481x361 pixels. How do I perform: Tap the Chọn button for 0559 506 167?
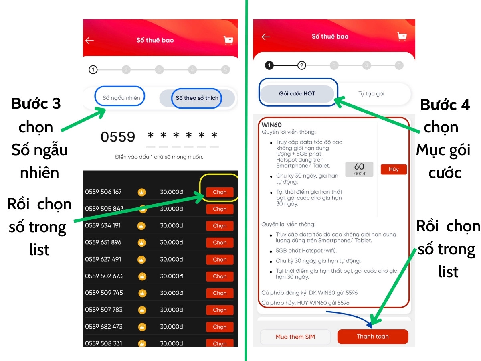220,192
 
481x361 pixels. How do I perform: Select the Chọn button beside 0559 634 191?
220,226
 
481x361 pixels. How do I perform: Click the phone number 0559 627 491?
103,259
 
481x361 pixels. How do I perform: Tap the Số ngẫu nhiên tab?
121,98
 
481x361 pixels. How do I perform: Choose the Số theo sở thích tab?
197,98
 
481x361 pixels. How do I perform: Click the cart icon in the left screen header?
228,40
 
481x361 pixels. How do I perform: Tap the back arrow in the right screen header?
266,37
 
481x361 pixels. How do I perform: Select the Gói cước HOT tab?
297,94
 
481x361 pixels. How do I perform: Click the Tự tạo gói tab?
371,94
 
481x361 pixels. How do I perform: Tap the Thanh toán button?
372,336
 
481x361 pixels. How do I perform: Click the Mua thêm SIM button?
295,337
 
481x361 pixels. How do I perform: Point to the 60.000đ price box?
359,169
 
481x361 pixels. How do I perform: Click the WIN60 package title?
271,125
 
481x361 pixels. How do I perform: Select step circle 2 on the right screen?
301,65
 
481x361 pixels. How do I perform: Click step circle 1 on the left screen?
93,70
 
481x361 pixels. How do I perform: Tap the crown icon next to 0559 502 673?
142,276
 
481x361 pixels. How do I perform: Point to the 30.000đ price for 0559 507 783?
172,310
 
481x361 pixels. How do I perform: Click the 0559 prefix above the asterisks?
118,137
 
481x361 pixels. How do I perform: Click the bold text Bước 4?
445,105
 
